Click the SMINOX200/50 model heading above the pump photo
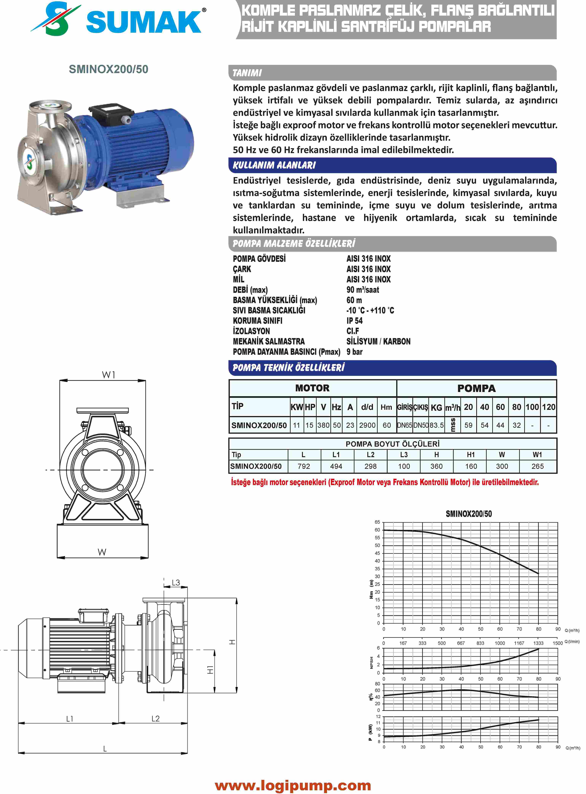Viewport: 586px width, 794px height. pyautogui.click(x=109, y=69)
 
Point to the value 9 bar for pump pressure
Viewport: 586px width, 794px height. pyautogui.click(x=354, y=352)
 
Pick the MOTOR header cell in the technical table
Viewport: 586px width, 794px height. pyautogui.click(x=313, y=388)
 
